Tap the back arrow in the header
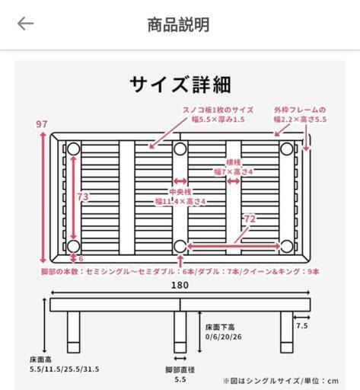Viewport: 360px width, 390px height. coord(25,24)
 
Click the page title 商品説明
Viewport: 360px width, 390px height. coord(178,24)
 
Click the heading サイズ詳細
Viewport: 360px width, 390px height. coord(180,85)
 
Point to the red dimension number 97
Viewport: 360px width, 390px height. coord(42,124)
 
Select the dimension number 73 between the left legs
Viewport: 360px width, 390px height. coord(83,197)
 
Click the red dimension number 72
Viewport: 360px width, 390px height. coord(250,219)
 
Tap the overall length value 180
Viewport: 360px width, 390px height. coord(180,286)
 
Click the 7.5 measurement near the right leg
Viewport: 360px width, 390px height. coord(302,326)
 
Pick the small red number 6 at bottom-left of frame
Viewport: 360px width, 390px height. coord(81,259)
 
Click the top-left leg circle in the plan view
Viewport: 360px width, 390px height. coord(74,149)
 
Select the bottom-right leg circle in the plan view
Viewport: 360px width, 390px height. coord(287,246)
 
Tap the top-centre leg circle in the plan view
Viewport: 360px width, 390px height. coord(180,149)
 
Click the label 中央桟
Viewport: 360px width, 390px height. coord(180,192)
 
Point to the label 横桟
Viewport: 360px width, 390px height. coord(233,162)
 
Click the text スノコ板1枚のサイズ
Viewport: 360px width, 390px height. coord(218,110)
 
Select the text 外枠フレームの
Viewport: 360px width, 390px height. coord(300,110)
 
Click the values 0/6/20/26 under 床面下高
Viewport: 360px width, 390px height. coord(224,337)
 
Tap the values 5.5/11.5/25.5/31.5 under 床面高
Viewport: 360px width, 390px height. coord(65,369)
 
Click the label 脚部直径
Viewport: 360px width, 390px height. coord(180,370)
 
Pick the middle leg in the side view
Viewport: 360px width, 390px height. coord(180,332)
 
